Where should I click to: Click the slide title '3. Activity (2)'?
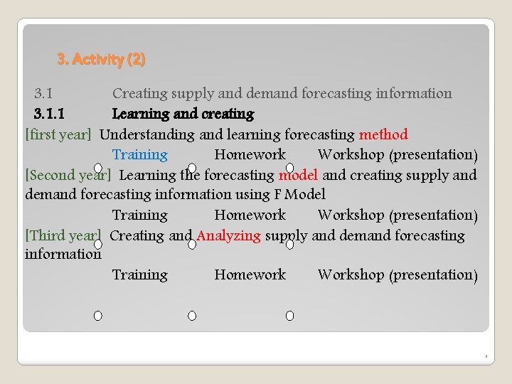101,60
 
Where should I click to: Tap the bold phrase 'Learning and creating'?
183,114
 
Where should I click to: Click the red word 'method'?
383,134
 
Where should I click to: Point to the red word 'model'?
298,175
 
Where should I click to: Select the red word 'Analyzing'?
229,235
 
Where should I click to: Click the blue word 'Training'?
140,154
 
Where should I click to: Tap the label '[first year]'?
58,134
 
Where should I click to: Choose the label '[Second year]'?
68,175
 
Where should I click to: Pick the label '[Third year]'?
63,235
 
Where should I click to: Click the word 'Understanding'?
147,134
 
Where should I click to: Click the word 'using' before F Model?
252,194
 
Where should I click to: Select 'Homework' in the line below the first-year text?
250,154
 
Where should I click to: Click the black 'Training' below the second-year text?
140,215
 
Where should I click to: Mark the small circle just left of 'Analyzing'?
192,244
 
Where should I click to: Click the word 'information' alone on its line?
63,254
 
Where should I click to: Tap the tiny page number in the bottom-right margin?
486,355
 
